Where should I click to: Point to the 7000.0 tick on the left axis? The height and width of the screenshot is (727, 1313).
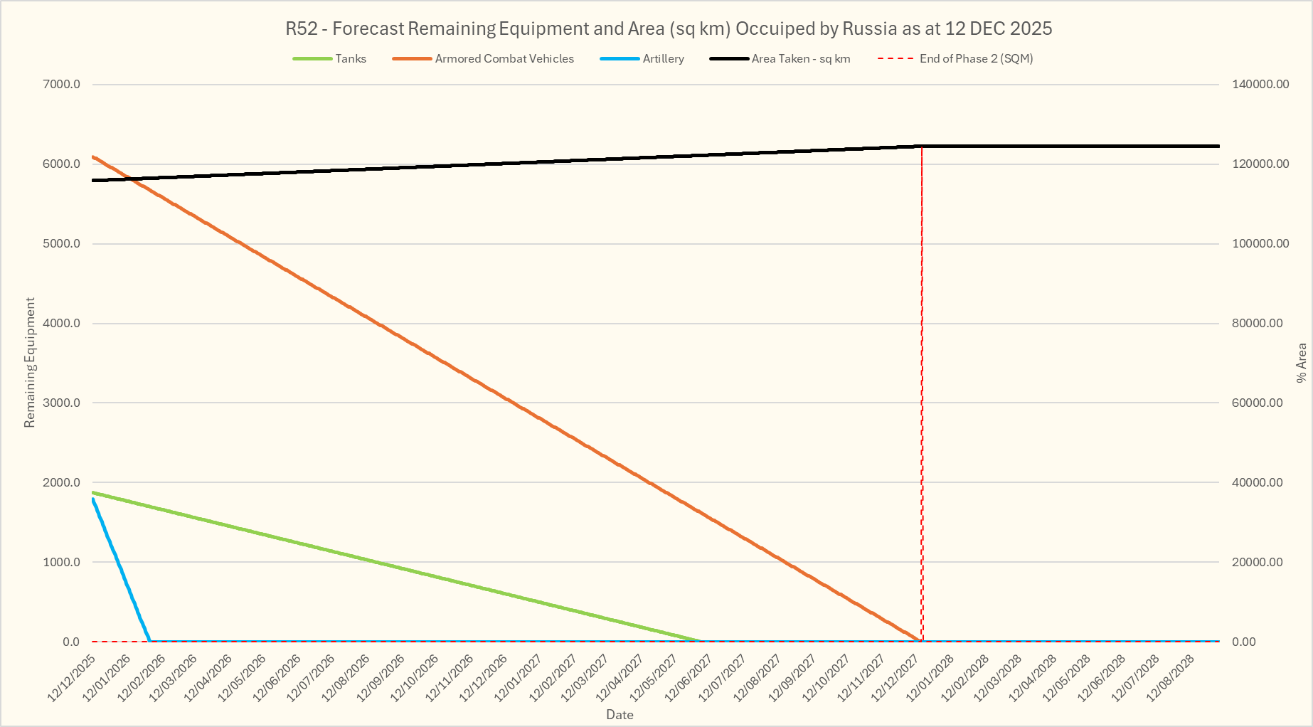62,85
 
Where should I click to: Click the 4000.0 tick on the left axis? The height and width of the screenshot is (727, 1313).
62,324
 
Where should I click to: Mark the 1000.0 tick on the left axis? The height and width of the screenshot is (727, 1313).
62,562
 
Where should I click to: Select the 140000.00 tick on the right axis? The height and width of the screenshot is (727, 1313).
1260,85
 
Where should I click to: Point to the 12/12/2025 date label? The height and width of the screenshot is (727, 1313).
72,679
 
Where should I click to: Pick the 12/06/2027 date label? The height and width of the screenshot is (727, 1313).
689,679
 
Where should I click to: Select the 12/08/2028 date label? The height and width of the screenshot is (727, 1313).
1171,679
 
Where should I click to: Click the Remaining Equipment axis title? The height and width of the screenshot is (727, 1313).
29,363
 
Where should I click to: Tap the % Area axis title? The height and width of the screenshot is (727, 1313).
1302,363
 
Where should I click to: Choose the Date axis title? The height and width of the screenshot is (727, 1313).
620,715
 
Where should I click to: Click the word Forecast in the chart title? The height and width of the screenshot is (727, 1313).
369,29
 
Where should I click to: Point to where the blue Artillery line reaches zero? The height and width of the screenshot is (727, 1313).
149,641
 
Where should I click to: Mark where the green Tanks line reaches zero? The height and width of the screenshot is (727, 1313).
701,641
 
